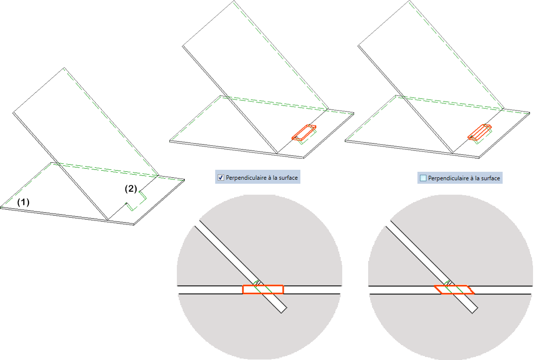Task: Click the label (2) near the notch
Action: coord(131,189)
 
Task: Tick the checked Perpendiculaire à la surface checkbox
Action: coord(221,177)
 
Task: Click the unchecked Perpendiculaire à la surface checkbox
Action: coord(423,178)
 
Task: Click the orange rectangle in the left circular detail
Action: coord(263,289)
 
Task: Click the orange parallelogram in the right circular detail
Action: coord(454,289)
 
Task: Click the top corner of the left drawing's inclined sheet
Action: coord(64,67)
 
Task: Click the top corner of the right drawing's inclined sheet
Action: coord(410,1)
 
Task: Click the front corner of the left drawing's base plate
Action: coord(134,225)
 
